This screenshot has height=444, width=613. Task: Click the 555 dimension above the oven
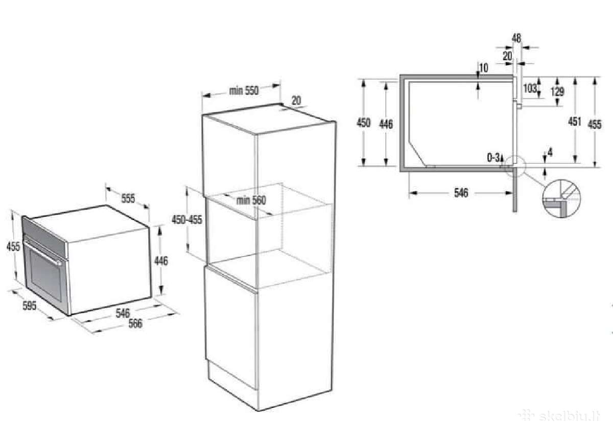pyautogui.click(x=128, y=198)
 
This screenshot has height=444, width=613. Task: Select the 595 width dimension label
pyautogui.click(x=29, y=306)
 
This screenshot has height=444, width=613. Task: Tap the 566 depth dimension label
pyautogui.click(x=135, y=323)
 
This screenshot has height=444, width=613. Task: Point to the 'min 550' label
pyautogui.click(x=244, y=90)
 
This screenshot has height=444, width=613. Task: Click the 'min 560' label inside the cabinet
pyautogui.click(x=251, y=200)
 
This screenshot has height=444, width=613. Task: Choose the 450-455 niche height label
pyautogui.click(x=187, y=220)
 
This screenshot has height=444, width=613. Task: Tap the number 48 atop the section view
pyautogui.click(x=516, y=38)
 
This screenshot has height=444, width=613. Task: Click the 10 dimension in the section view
pyautogui.click(x=484, y=68)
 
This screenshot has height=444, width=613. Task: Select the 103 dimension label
pyautogui.click(x=530, y=88)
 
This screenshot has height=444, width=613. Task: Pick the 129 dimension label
pyautogui.click(x=557, y=91)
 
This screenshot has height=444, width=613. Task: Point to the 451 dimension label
pyautogui.click(x=574, y=121)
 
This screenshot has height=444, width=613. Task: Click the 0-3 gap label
pyautogui.click(x=493, y=157)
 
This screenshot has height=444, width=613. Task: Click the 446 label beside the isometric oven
pyautogui.click(x=161, y=261)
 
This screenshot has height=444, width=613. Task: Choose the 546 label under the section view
pyautogui.click(x=461, y=193)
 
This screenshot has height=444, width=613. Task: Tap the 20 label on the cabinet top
pyautogui.click(x=296, y=101)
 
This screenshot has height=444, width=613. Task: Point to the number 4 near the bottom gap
pyautogui.click(x=550, y=152)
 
